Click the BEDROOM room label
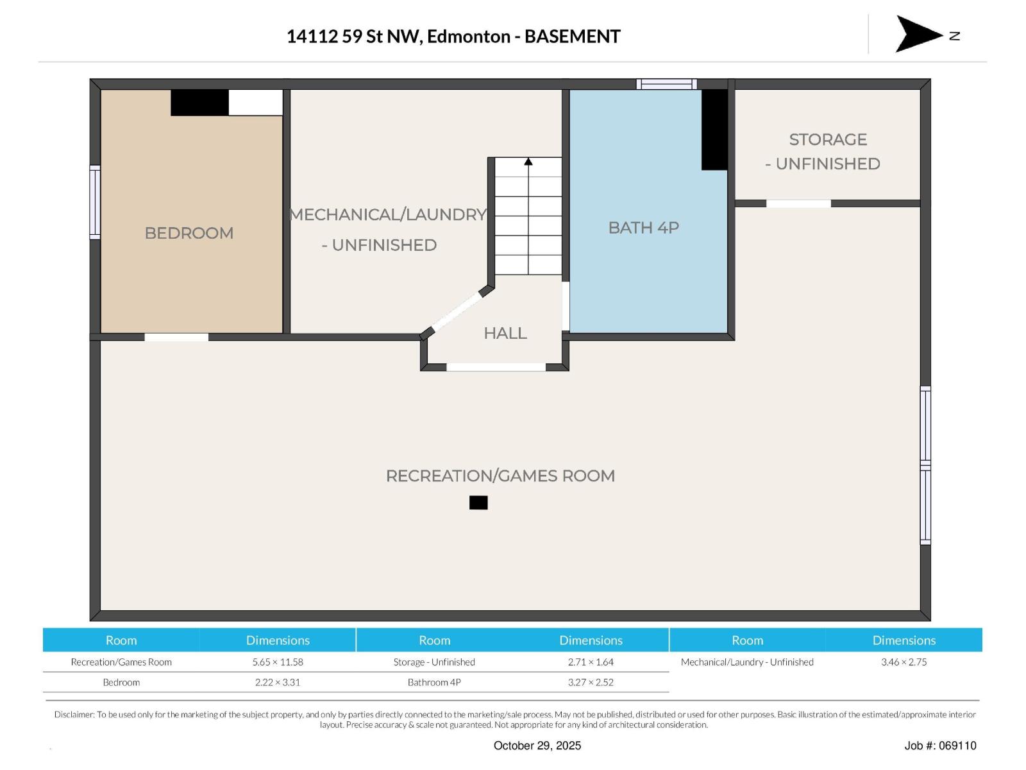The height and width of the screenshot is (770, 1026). click(x=189, y=233)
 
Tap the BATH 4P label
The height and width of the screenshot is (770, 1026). click(x=643, y=228)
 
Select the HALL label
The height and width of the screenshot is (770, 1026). click(x=505, y=333)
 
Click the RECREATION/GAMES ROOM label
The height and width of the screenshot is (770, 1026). click(x=500, y=475)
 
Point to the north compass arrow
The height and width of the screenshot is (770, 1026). click(x=918, y=34)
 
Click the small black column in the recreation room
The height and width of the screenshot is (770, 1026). click(x=478, y=502)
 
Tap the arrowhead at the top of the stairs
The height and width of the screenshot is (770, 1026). click(x=528, y=162)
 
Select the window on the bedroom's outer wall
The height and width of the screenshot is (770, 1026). click(x=95, y=202)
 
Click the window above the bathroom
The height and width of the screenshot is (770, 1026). click(x=666, y=84)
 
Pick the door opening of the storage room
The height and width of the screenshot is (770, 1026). click(x=798, y=203)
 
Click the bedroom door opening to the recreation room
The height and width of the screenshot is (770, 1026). click(x=176, y=337)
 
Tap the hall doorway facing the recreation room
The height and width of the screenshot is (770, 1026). click(x=496, y=367)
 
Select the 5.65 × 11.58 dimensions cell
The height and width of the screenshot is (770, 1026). click(x=278, y=662)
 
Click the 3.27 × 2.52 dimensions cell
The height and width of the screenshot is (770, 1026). click(x=591, y=683)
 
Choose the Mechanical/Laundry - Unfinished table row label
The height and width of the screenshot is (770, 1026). click(x=747, y=662)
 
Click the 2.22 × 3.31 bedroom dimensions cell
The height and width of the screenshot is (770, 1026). click(x=278, y=683)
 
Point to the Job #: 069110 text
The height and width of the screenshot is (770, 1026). click(x=940, y=746)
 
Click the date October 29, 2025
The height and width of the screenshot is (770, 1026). click(x=537, y=746)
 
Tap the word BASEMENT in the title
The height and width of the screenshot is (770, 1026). click(x=572, y=37)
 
